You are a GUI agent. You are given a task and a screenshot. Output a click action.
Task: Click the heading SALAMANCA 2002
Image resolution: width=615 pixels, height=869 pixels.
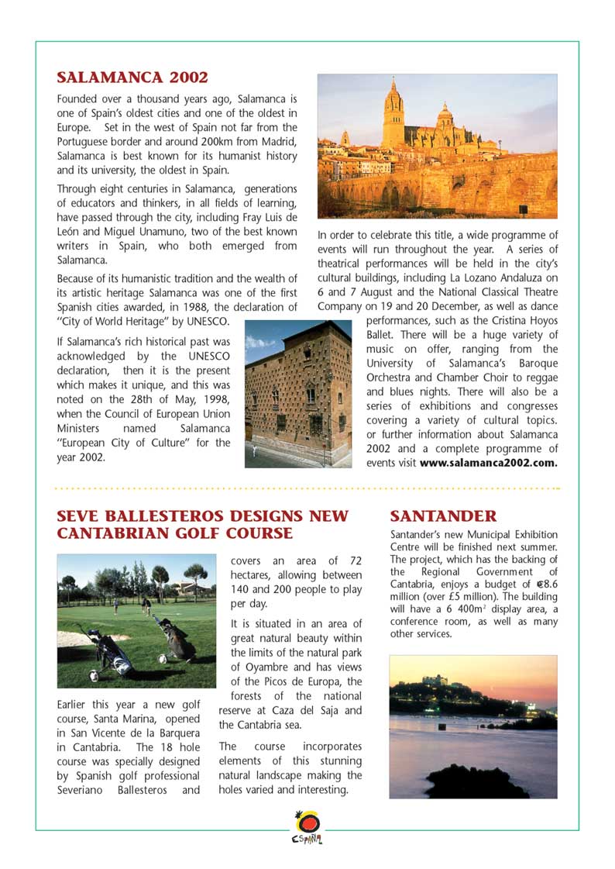click(132, 78)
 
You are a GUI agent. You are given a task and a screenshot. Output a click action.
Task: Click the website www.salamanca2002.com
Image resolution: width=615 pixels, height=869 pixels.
click(488, 463)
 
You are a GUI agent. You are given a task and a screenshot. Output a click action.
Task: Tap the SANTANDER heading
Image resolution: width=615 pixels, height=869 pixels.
click(443, 516)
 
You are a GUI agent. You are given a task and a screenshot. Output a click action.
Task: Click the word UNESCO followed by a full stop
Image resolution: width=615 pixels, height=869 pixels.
click(206, 321)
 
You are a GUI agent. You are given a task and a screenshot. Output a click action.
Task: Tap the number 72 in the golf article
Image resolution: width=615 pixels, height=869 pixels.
click(355, 560)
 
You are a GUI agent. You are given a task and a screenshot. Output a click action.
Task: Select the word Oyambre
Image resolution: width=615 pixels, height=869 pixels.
click(256, 667)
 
